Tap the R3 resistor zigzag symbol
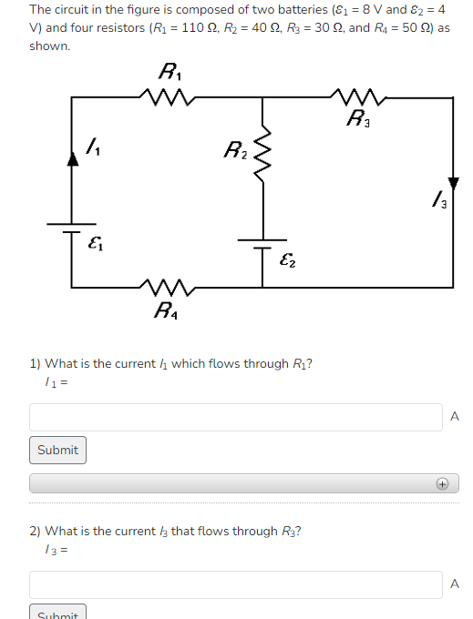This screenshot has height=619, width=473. (x=355, y=96)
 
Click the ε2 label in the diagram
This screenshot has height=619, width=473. (x=285, y=259)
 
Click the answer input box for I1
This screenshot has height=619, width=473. (x=236, y=417)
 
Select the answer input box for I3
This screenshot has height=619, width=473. (x=236, y=584)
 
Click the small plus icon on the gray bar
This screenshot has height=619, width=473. (x=441, y=484)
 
